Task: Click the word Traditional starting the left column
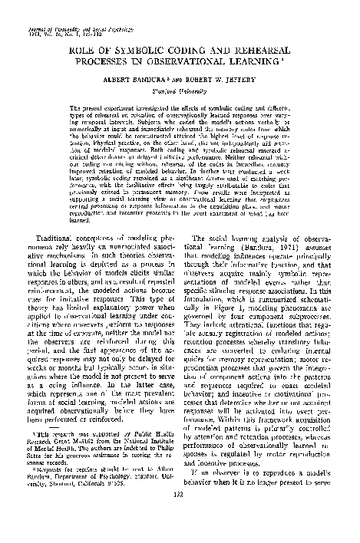(70, 241)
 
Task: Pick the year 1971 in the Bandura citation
(280, 249)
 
